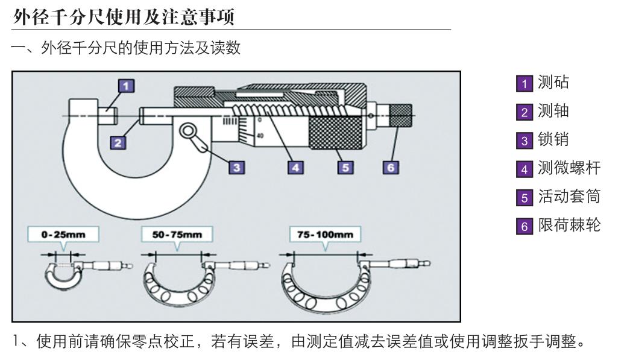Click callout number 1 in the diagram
[x=125, y=86]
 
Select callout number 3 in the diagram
[x=237, y=167]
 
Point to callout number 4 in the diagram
[x=295, y=167]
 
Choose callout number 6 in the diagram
[x=391, y=167]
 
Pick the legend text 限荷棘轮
[x=569, y=225]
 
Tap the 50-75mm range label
[x=177, y=234]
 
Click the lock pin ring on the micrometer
[x=187, y=130]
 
